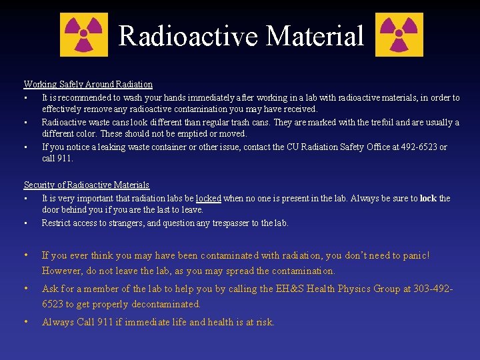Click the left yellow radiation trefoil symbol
pyautogui.click(x=84, y=35)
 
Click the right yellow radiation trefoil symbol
pyautogui.click(x=399, y=35)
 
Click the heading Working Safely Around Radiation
pyautogui.click(x=88, y=85)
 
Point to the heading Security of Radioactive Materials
pyautogui.click(x=87, y=185)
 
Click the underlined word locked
pyautogui.click(x=208, y=198)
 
